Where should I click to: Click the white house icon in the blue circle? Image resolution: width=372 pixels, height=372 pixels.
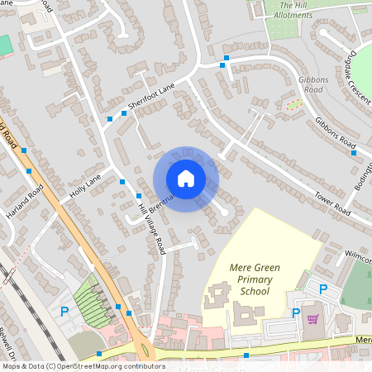[186, 179]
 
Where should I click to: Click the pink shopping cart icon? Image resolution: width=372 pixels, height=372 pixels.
[312, 319]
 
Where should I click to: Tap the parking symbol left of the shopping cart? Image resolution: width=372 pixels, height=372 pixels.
[295, 313]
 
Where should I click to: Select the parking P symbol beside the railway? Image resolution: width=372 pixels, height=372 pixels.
[64, 312]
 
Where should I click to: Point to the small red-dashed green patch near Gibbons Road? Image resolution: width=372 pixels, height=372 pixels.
[293, 104]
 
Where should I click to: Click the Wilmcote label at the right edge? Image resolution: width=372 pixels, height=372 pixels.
[359, 255]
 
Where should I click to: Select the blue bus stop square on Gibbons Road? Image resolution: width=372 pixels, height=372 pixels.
[353, 152]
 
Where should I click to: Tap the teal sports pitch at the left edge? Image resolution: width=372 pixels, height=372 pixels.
[5, 45]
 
